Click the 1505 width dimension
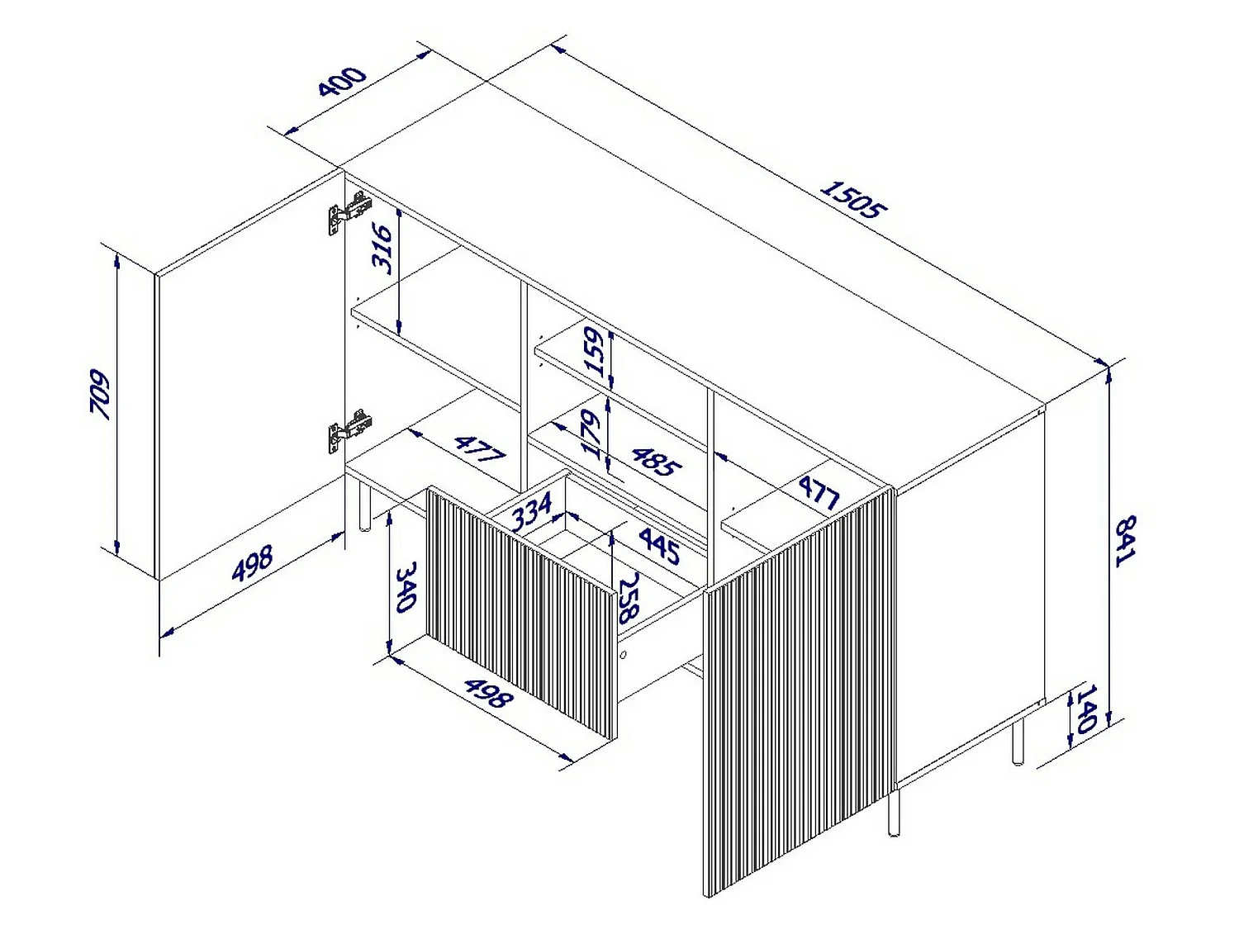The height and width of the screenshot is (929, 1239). (853, 199)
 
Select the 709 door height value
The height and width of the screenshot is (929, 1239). (100, 395)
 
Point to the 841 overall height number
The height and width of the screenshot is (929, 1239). (1125, 540)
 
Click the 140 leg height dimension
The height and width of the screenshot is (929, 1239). (1086, 709)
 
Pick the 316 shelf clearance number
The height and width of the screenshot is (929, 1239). (382, 249)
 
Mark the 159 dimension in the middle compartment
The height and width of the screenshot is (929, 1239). (595, 352)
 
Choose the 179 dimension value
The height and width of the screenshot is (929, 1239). (591, 434)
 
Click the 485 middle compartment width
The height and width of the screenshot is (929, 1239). (656, 462)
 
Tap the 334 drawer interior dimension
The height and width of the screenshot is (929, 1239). (532, 511)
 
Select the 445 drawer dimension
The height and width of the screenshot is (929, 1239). (659, 545)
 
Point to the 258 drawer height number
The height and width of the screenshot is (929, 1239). (628, 598)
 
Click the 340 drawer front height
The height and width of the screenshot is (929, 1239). (406, 586)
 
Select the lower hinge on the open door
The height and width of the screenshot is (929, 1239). (349, 430)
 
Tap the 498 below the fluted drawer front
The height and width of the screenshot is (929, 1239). (489, 693)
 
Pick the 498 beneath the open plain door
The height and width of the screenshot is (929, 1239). (252, 562)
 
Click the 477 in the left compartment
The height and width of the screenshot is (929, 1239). (480, 448)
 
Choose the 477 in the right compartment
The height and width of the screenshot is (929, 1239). (819, 492)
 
